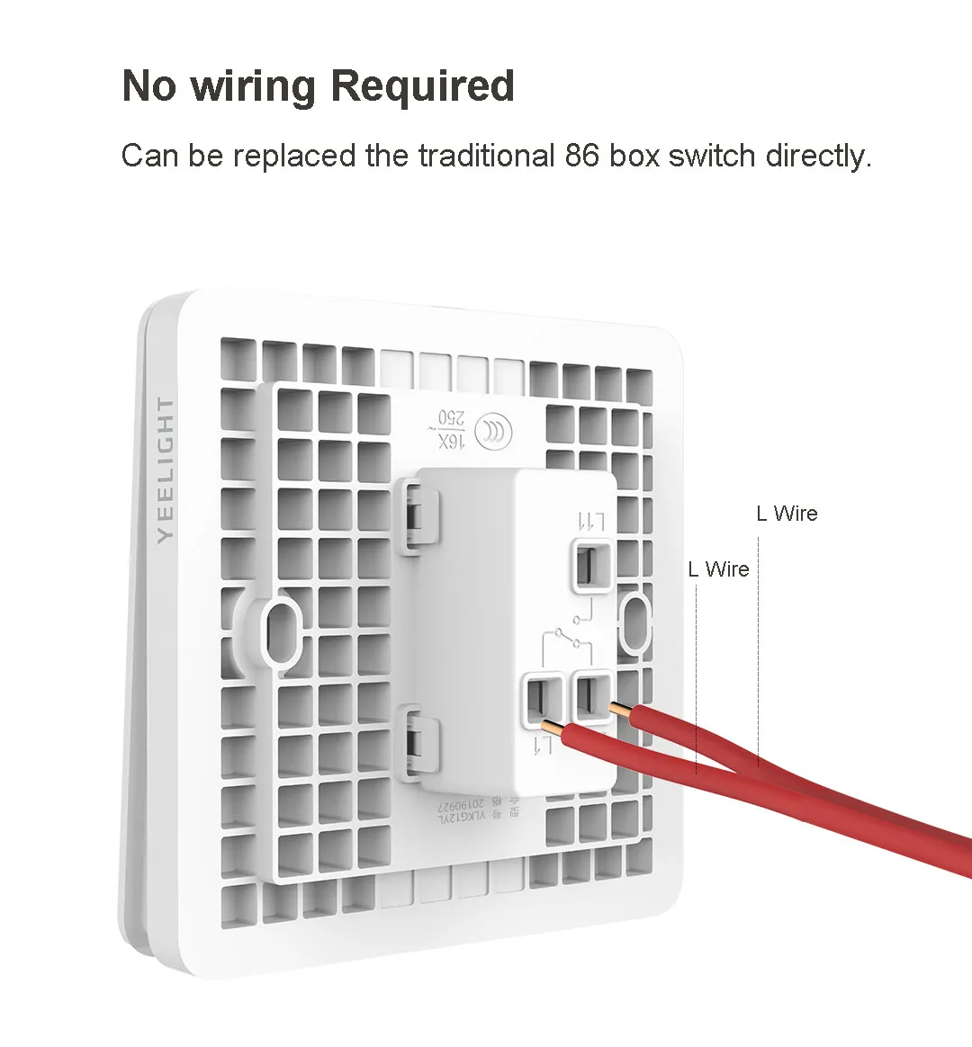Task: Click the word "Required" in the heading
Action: pos(422,86)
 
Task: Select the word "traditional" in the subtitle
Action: pos(486,156)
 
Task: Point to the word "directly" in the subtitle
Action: pos(818,156)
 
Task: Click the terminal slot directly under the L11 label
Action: pos(592,563)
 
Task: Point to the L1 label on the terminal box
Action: pos(543,745)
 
